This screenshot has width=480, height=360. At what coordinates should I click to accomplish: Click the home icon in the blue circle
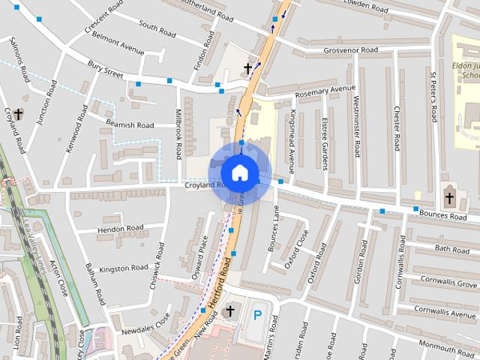click(239, 172)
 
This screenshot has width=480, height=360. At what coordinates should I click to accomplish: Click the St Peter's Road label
click(433, 97)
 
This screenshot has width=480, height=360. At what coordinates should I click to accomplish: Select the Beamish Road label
click(129, 125)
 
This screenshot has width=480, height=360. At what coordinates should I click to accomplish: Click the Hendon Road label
click(120, 228)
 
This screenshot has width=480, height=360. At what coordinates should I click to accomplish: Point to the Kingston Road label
click(124, 268)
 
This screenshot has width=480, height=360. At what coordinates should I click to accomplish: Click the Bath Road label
click(451, 248)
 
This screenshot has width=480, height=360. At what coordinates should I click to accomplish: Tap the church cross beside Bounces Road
click(449, 199)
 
